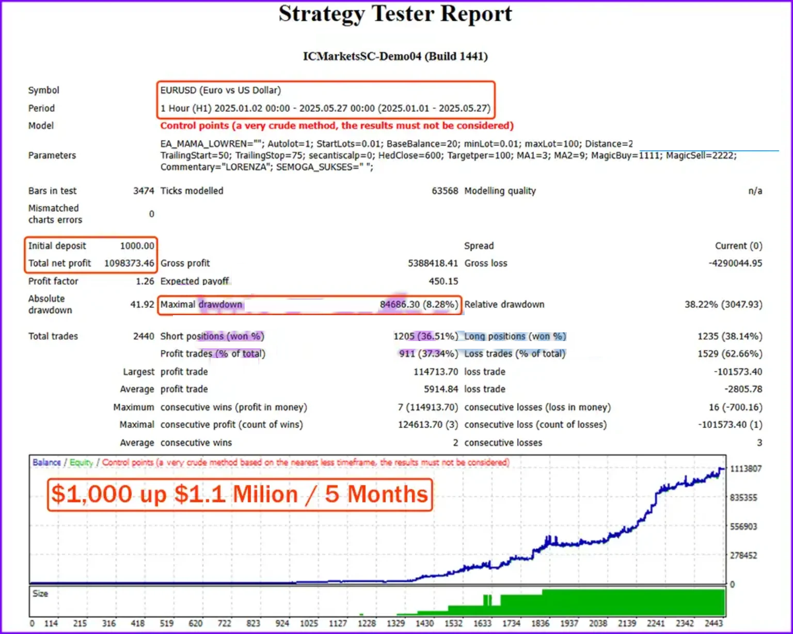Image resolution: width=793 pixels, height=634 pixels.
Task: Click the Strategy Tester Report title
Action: (x=395, y=14)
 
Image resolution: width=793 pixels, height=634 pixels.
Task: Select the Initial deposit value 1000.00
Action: (x=137, y=246)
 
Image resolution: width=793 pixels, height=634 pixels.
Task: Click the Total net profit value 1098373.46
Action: (x=129, y=264)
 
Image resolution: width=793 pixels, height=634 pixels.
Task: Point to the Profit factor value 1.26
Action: (x=145, y=281)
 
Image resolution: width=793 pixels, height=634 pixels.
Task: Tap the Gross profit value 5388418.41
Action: (x=433, y=264)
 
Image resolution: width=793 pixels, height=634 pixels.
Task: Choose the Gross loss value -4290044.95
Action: (x=735, y=264)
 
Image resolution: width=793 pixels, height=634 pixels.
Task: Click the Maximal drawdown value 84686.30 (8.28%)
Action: (x=419, y=304)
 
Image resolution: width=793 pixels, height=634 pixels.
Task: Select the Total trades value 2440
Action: (x=144, y=336)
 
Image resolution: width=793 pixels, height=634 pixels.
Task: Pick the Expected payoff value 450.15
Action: (x=443, y=281)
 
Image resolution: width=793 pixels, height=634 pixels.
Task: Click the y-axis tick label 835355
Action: (x=743, y=498)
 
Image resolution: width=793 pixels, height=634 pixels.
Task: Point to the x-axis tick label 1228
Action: (x=367, y=623)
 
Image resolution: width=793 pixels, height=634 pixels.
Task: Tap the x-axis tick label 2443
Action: (x=713, y=623)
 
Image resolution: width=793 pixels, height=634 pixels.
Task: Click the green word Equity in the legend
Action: (x=81, y=462)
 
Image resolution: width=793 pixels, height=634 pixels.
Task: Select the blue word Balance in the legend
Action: (x=46, y=462)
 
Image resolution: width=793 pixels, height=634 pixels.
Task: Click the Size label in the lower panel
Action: (x=40, y=594)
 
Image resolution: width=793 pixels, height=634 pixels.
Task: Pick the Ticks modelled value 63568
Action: (x=445, y=191)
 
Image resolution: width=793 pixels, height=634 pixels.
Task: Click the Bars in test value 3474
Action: (x=144, y=191)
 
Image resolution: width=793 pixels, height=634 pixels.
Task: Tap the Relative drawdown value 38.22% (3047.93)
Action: (x=723, y=304)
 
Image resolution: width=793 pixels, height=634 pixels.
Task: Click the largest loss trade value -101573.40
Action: (x=738, y=372)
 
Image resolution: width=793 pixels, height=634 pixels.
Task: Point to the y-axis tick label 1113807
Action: (x=746, y=469)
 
